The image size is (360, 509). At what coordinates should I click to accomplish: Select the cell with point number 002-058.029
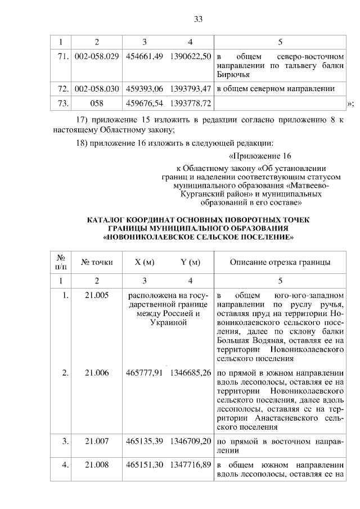pos(97,57)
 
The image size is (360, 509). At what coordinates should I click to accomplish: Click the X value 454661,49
pos(145,57)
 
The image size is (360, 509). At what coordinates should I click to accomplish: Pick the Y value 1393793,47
pos(190,89)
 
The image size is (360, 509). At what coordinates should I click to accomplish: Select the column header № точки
pos(97,262)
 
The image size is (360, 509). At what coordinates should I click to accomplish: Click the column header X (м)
pos(145,262)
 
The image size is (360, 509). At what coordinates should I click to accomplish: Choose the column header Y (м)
pos(190,262)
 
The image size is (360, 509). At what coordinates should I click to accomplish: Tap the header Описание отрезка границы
pos(280,262)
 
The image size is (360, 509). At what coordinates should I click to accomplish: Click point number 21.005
pos(97,295)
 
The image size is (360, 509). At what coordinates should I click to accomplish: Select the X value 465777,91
pos(145,372)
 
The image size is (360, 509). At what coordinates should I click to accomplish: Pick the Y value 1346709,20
pos(190,442)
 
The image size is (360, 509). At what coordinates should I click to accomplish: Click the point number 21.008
pos(97,466)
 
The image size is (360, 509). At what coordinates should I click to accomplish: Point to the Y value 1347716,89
pos(190,466)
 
